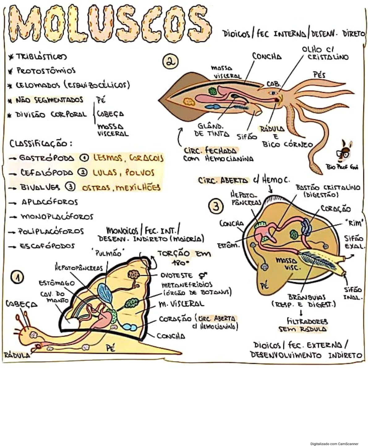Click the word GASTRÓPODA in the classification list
[46, 158]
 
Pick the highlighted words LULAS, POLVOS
[123, 172]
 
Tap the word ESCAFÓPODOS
[47, 246]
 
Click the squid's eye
[273, 93]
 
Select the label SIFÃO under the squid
[247, 136]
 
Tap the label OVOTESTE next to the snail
[176, 275]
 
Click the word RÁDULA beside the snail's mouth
[17, 355]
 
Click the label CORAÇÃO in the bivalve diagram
[336, 209]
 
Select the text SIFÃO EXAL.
[353, 242]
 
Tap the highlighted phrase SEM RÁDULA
[302, 329]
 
